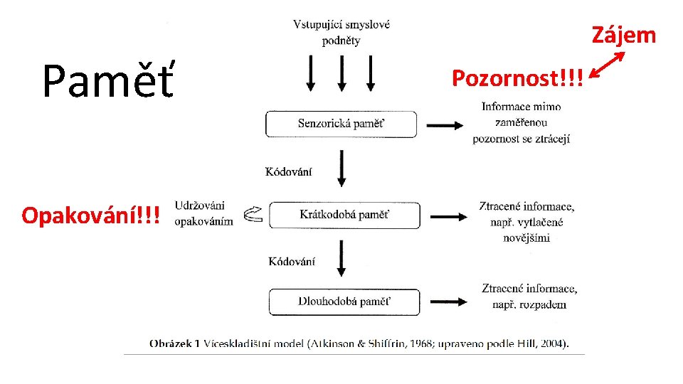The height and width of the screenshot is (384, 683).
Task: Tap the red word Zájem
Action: pos(623,35)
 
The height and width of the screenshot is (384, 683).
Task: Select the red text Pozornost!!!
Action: pos(517,78)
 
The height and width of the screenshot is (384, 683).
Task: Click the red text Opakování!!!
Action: pos(90,215)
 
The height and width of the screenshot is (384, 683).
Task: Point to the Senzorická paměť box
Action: pos(341,124)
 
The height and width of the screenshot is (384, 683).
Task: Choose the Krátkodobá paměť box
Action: pos(344,215)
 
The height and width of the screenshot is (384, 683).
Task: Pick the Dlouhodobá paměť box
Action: pos(344,302)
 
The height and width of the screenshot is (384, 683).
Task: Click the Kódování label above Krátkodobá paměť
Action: pos(288,172)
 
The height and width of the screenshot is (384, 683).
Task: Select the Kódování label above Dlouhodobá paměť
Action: pos(292,262)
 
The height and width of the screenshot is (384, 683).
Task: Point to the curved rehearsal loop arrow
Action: pos(253,214)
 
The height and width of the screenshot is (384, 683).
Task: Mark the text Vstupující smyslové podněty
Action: pos(341,33)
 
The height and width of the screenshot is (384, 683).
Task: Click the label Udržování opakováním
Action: pos(203,213)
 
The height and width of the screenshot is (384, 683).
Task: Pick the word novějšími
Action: pos(526,238)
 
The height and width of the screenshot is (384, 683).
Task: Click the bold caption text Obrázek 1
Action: pos(174,343)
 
